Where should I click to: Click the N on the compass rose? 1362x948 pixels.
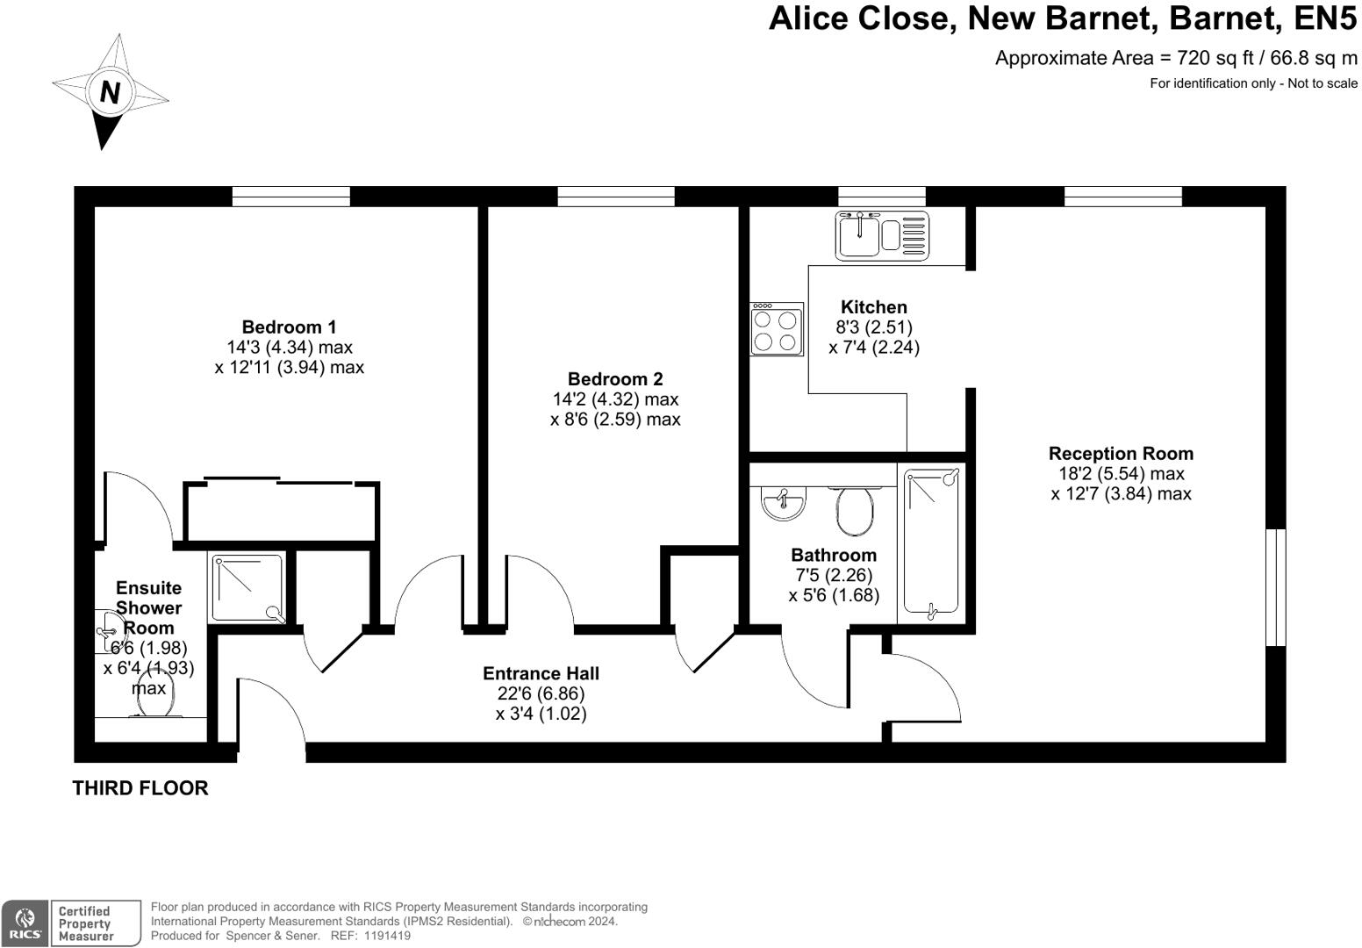pos(110,91)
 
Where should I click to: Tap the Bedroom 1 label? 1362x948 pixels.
pos(289,327)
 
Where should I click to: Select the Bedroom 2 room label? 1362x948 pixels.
pos(615,379)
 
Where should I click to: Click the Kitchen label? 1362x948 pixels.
pos(873,307)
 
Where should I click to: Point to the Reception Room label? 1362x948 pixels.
pos(1121,454)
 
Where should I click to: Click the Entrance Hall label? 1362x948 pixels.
pos(541,673)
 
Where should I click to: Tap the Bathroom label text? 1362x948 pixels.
pos(833,555)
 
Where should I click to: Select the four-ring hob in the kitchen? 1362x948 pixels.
pos(777,329)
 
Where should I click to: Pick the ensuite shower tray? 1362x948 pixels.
pos(247,588)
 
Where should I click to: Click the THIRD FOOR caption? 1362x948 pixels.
pos(140,788)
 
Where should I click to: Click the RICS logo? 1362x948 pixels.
pos(25,923)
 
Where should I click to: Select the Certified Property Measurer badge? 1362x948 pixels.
pos(95,923)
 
